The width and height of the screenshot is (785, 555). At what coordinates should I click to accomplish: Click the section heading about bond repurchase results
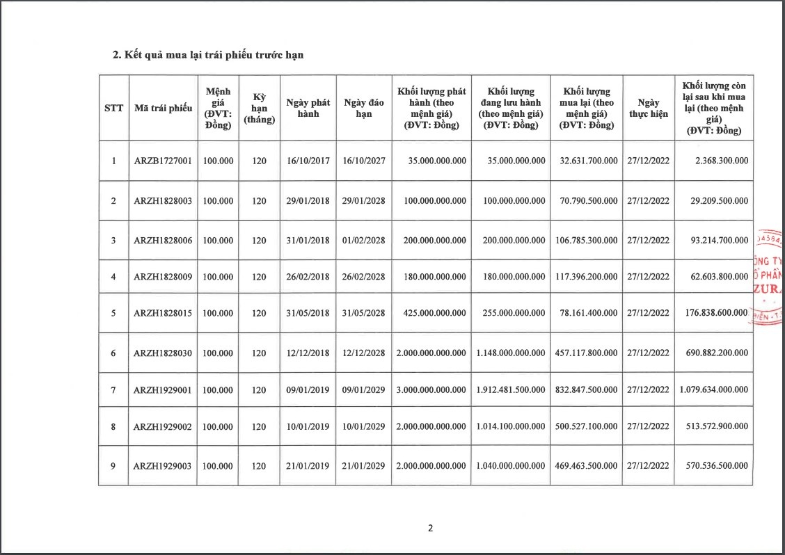(x=208, y=56)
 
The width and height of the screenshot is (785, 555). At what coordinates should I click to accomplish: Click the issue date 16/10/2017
(x=308, y=161)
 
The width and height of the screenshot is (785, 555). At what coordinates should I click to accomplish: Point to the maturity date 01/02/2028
(x=363, y=240)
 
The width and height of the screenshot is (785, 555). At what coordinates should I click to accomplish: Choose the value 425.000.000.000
(x=431, y=313)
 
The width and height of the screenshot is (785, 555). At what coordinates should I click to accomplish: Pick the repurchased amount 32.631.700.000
(x=588, y=161)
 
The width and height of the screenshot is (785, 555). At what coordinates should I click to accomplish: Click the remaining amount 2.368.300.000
(x=721, y=161)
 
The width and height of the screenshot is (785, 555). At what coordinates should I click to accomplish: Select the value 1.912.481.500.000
(x=511, y=389)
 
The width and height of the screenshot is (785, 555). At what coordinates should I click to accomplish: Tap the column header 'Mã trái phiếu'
(x=162, y=108)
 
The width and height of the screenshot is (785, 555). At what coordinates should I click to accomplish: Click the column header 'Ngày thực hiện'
(x=648, y=108)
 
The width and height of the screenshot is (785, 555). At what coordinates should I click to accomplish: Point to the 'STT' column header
(x=113, y=108)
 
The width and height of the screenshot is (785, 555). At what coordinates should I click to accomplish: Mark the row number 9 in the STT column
(x=113, y=465)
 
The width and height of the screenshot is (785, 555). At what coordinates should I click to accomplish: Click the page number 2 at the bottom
(x=430, y=528)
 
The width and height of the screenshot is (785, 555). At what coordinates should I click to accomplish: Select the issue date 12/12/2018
(x=308, y=353)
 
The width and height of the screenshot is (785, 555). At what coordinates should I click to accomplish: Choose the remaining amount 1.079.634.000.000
(x=713, y=389)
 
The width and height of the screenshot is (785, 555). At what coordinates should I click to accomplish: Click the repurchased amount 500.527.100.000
(x=588, y=426)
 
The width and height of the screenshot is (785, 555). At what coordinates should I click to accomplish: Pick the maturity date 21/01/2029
(x=363, y=465)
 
